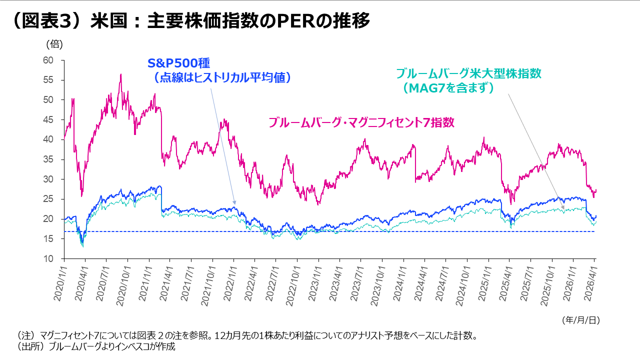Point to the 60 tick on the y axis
48,60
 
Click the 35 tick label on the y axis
48,159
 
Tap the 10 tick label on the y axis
48,259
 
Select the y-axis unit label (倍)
54,44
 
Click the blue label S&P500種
178,63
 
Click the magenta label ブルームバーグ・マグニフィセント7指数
361,122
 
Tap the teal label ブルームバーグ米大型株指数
468,73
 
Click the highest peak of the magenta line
120,74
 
